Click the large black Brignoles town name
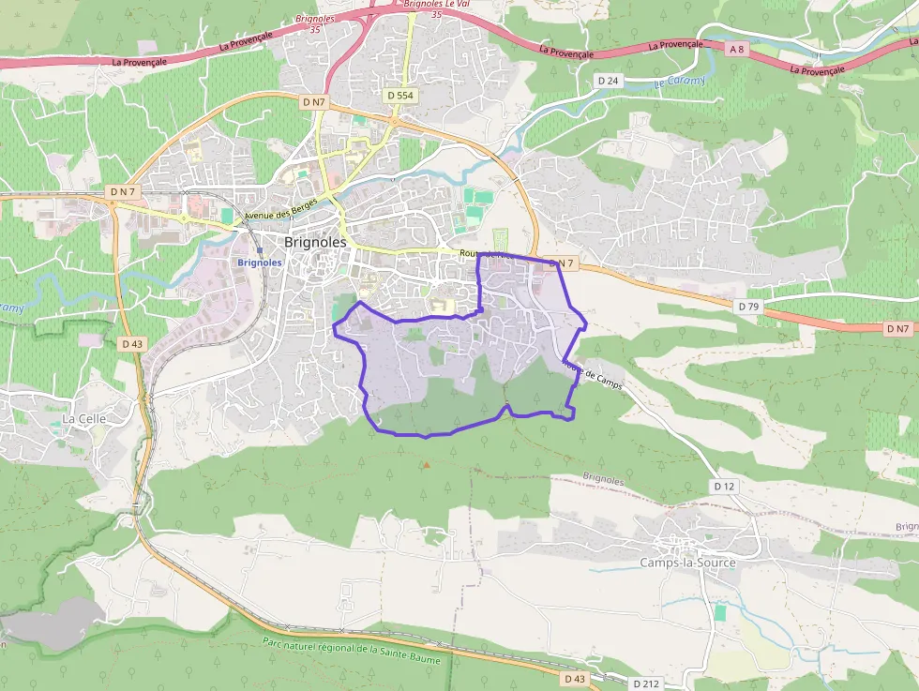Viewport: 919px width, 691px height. coord(315,241)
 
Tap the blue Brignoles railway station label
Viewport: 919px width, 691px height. coord(260,263)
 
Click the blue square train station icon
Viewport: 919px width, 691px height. coord(259,250)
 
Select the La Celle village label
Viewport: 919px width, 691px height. coord(83,418)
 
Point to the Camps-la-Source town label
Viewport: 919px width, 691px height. coord(687,563)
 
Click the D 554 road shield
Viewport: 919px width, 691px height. coord(400,96)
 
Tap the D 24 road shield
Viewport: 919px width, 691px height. coord(609,81)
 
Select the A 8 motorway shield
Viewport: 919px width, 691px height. coord(738,49)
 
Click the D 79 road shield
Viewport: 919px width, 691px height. coord(747,307)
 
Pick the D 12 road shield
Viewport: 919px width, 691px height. coord(724,486)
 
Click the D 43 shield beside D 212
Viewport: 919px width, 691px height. coord(576,677)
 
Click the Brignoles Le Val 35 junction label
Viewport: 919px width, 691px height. coord(436,8)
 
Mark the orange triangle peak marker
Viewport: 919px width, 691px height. coord(427,464)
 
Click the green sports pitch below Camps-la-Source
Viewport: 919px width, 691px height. coord(719,612)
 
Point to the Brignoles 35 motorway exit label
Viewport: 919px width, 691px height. coord(315,24)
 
